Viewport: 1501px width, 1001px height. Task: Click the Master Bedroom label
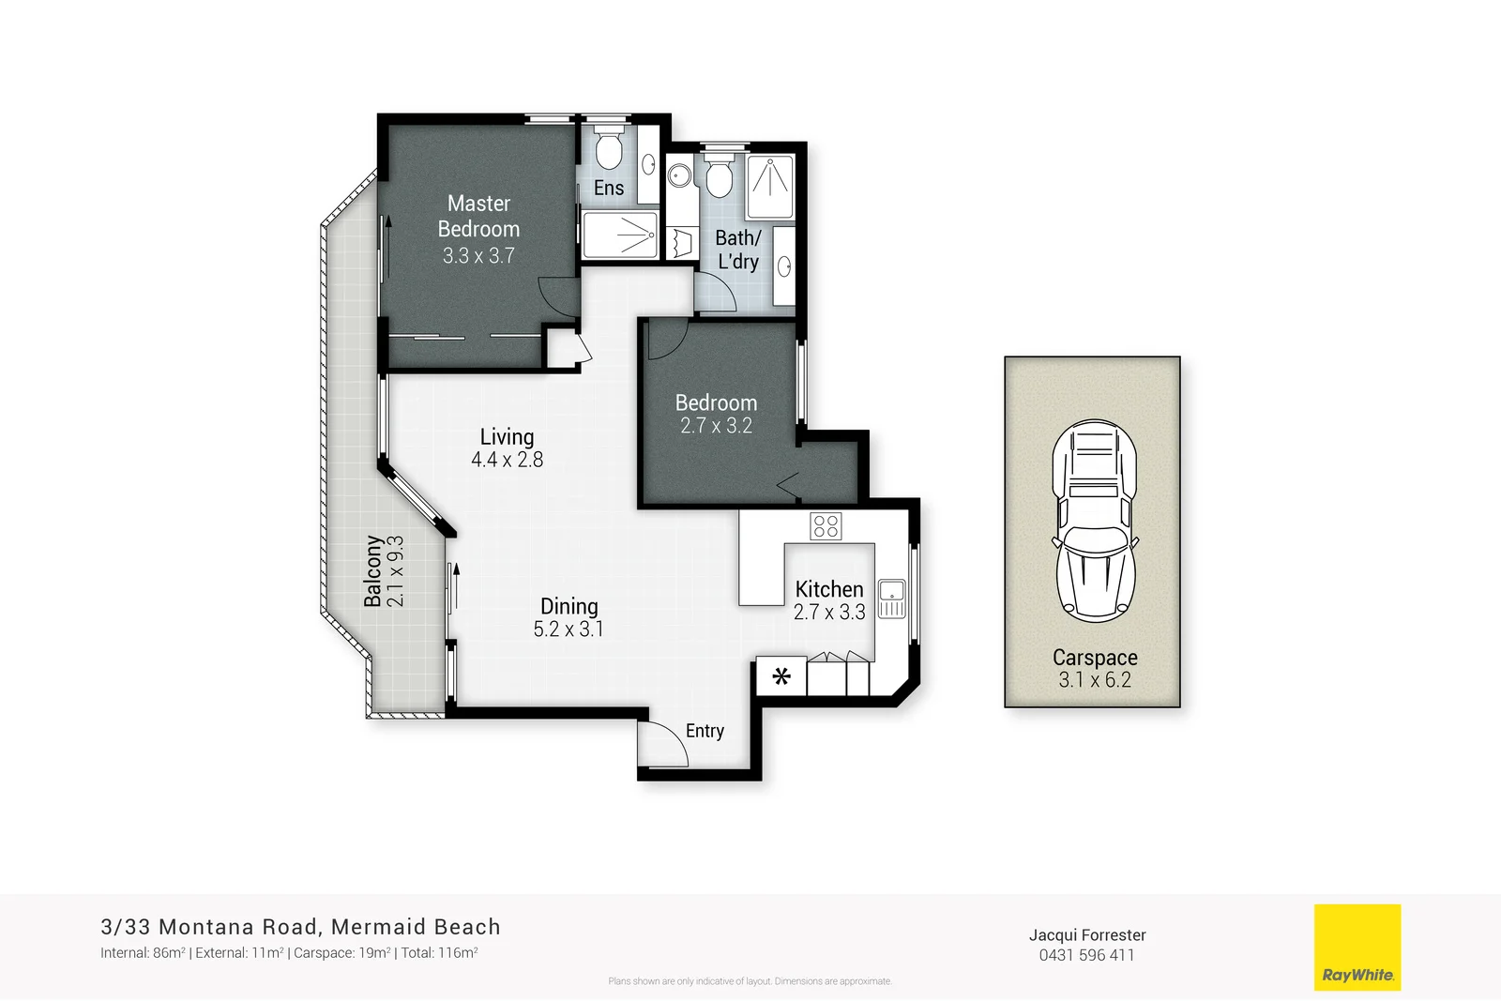tap(478, 216)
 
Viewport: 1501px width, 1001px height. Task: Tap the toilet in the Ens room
tap(609, 148)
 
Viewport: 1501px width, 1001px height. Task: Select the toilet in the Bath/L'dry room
tap(720, 176)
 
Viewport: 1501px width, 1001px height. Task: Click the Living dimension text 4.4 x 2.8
tap(507, 460)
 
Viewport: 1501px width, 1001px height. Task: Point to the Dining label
tap(569, 606)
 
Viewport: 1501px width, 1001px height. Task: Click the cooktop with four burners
tap(826, 526)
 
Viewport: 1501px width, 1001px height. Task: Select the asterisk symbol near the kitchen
tap(781, 675)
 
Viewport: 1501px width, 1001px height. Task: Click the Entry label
tap(705, 731)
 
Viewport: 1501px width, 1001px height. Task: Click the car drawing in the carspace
tap(1094, 521)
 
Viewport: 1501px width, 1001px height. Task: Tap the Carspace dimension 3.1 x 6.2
tap(1095, 680)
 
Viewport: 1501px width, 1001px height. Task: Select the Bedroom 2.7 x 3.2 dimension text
tap(716, 426)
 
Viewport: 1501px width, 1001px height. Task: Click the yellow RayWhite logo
tap(1357, 947)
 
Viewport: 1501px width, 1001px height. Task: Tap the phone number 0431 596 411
tap(1086, 955)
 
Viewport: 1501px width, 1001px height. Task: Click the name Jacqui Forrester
tap(1087, 934)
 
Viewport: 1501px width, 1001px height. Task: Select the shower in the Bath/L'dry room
tap(769, 186)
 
